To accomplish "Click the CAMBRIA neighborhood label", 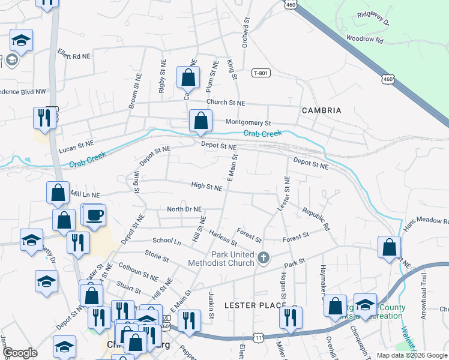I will coord(322,110).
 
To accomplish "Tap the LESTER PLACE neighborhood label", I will coord(255,305).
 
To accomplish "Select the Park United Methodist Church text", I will coord(220,258).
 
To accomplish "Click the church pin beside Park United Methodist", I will coord(262,259).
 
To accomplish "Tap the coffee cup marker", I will coord(95,215).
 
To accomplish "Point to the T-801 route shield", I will coord(261,73).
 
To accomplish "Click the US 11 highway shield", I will coord(258,339).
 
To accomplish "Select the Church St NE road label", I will coord(226,103).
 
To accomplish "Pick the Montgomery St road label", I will coord(248,122).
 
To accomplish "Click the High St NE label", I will coord(207,187).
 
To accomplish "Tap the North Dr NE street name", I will coord(184,209).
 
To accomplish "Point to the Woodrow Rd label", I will coord(364,39).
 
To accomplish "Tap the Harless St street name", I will coord(223,238).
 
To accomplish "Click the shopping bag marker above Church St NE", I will coord(188,77).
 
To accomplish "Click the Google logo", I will coord(20,353).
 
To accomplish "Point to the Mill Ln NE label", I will coord(85,195).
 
